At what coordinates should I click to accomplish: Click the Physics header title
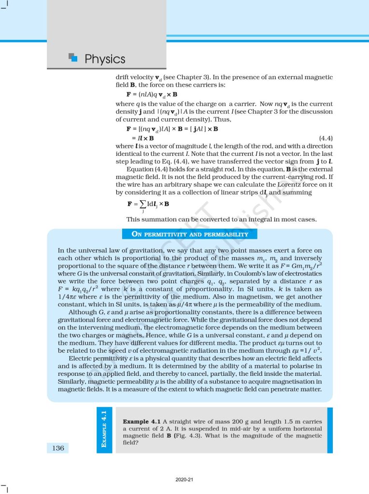[x=105, y=59]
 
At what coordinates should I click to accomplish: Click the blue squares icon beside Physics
[x=73, y=57]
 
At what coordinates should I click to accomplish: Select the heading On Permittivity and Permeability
[x=190, y=234]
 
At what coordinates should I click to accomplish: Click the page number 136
[x=57, y=448]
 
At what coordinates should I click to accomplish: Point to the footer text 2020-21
[x=184, y=480]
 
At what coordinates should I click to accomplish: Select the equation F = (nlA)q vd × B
[x=152, y=94]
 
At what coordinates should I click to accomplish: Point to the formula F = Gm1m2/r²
[x=300, y=266]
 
